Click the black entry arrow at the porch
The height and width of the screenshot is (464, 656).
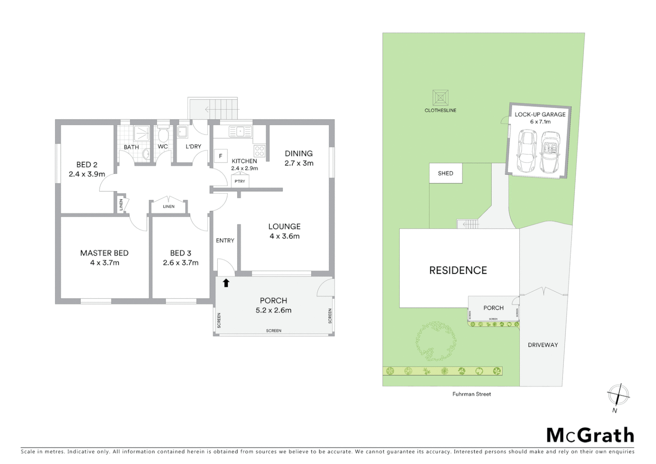click(x=226, y=283)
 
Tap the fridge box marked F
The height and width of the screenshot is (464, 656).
click(x=221, y=156)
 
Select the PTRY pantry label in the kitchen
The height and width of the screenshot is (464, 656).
click(x=240, y=181)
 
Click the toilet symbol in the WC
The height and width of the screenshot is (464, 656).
click(x=163, y=135)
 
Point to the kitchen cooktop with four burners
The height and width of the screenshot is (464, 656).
click(x=259, y=151)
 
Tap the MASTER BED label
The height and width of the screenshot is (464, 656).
click(x=104, y=253)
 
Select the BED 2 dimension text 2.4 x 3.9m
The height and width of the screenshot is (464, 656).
click(x=87, y=174)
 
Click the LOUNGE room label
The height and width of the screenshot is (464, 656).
click(x=284, y=226)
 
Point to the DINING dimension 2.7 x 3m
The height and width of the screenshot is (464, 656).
click(x=299, y=163)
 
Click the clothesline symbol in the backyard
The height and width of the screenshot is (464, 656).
click(x=440, y=98)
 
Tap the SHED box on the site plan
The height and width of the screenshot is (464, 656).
click(x=446, y=173)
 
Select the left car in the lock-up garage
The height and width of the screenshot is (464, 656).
click(x=527, y=151)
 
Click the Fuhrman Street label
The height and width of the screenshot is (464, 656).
click(x=471, y=394)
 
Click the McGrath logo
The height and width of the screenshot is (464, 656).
click(x=590, y=435)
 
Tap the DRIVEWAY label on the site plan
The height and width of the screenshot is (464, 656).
click(x=543, y=345)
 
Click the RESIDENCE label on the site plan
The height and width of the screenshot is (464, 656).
click(x=458, y=270)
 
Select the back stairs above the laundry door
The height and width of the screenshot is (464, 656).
click(x=213, y=109)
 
